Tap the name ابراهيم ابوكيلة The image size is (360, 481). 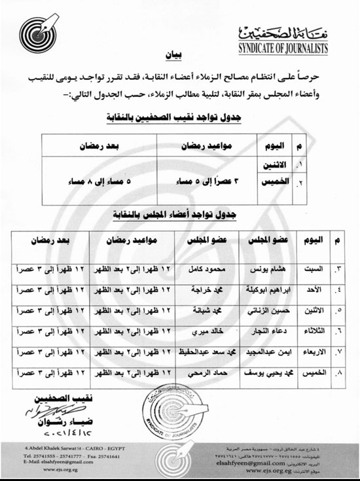(259, 292)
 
